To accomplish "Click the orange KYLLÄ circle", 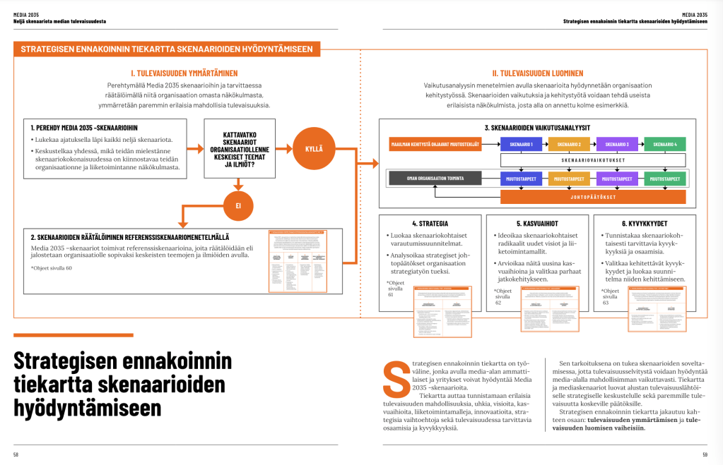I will [x=313, y=149].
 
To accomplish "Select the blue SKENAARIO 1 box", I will [x=522, y=145].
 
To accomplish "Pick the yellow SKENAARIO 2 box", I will [x=569, y=145].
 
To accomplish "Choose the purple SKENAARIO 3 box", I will [x=617, y=145].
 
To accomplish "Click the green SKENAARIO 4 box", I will [x=665, y=145].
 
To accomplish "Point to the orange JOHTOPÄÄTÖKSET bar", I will [x=593, y=197].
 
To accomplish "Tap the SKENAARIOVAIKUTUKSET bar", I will [x=593, y=160].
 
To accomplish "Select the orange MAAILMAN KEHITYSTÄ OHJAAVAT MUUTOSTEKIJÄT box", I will [x=436, y=145].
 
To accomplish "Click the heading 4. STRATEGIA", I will [x=430, y=224].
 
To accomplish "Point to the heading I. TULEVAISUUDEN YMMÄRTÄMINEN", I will [x=184, y=73].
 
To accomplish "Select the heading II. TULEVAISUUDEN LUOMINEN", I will [x=537, y=73].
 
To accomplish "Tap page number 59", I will [x=705, y=454].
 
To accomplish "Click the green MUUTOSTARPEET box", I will [x=665, y=179].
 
